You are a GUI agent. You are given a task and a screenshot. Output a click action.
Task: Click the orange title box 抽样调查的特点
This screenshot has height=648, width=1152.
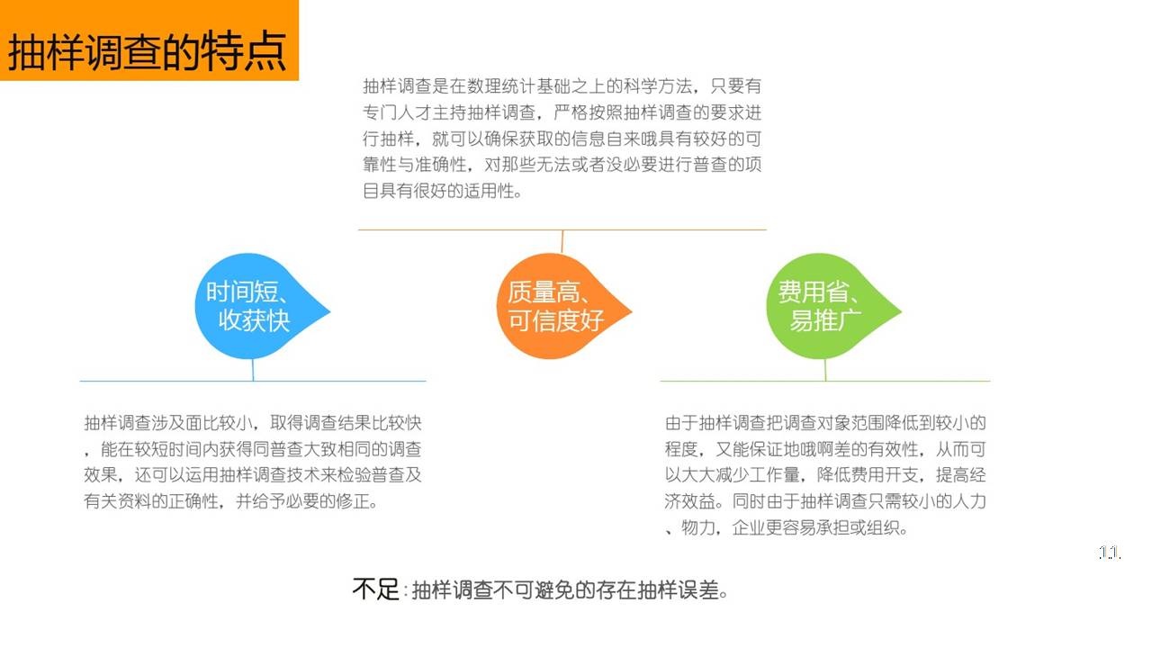pyautogui.click(x=149, y=40)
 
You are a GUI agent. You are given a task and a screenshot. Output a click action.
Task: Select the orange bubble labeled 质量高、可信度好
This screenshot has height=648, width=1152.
pyautogui.click(x=559, y=307)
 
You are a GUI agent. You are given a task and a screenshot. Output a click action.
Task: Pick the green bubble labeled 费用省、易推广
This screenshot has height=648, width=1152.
pyautogui.click(x=828, y=307)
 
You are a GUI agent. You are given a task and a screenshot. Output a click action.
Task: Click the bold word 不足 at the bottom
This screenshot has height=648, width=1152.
pyautogui.click(x=375, y=589)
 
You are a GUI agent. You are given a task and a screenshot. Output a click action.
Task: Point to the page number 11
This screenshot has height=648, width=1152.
pyautogui.click(x=1110, y=553)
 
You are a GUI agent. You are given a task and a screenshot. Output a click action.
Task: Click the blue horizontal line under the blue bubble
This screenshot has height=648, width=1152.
pyautogui.click(x=253, y=381)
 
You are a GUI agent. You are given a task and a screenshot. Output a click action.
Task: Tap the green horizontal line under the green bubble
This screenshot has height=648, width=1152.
pyautogui.click(x=825, y=381)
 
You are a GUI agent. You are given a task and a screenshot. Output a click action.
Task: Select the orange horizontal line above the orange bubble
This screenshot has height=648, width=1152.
pyautogui.click(x=562, y=229)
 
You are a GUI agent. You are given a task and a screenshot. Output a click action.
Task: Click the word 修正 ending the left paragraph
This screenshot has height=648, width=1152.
pyautogui.click(x=353, y=501)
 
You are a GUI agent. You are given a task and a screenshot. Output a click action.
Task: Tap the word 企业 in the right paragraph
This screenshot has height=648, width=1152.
pyautogui.click(x=748, y=527)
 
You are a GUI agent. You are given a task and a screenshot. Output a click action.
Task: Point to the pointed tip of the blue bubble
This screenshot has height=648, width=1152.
pyautogui.click(x=329, y=311)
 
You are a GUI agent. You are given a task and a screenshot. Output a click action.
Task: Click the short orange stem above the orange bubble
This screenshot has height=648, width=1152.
pyautogui.click(x=562, y=242)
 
